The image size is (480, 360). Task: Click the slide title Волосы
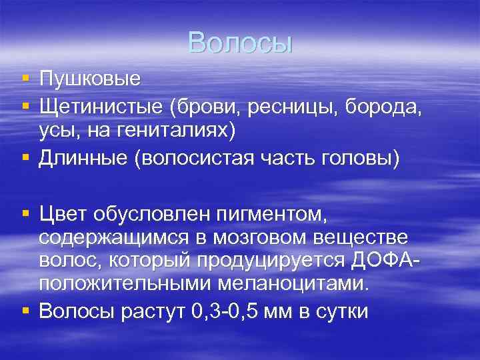pyautogui.click(x=240, y=43)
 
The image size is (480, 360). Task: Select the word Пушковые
pyautogui.click(x=90, y=79)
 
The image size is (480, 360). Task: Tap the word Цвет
pyautogui.click(x=65, y=214)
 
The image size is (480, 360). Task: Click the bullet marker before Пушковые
pyautogui.click(x=25, y=79)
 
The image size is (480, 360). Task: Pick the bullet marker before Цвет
pyautogui.click(x=25, y=214)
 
